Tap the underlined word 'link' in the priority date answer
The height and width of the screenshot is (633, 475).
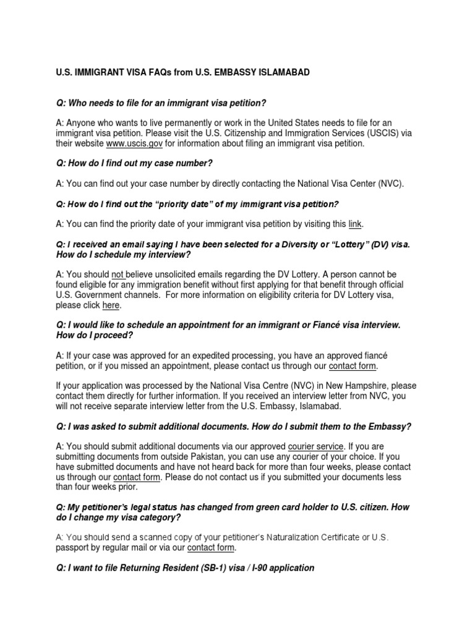pos(355,223)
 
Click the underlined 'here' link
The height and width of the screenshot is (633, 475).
pos(111,305)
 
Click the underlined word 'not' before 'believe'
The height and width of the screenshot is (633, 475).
pos(118,274)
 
